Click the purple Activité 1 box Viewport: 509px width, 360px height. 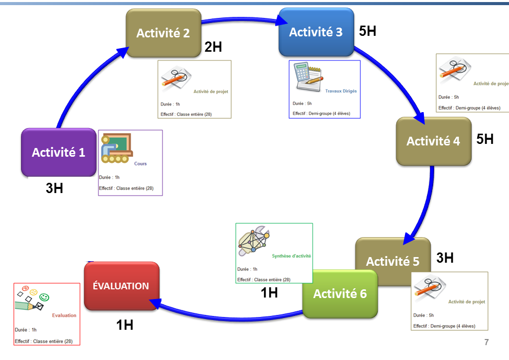pyautogui.click(x=59, y=153)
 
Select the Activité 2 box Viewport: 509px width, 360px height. pyautogui.click(x=164, y=33)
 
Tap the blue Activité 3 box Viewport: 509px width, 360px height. pyautogui.click(x=316, y=32)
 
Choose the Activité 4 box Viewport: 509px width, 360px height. pyautogui.click(x=434, y=141)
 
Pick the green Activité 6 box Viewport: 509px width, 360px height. pyautogui.click(x=340, y=294)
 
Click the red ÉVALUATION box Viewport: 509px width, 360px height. pyautogui.click(x=121, y=286)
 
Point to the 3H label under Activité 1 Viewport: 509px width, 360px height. pyautogui.click(x=54, y=188)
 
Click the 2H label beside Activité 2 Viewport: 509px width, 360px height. pyautogui.click(x=213, y=47)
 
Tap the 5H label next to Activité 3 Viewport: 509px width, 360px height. pyautogui.click(x=368, y=31)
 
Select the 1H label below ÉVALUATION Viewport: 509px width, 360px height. pyautogui.click(x=125, y=325)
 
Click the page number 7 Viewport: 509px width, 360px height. pyautogui.click(x=486, y=342)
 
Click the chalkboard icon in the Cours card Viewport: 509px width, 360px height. pyautogui.click(x=117, y=148)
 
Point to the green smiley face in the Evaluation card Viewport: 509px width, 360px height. pyautogui.click(x=44, y=297)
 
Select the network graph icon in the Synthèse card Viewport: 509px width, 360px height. pyautogui.click(x=254, y=241)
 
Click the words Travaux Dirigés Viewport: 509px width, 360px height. pyautogui.click(x=341, y=91)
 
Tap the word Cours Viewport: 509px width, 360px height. pyautogui.click(x=140, y=164)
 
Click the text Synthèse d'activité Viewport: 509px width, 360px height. pyautogui.click(x=291, y=256)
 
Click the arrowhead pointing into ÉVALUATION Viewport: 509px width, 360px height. pyautogui.click(x=156, y=303)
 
